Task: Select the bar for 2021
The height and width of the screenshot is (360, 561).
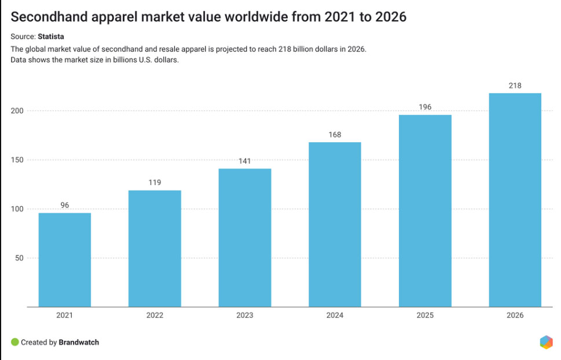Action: pyautogui.click(x=65, y=259)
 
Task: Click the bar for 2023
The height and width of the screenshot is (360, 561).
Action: pyautogui.click(x=244, y=237)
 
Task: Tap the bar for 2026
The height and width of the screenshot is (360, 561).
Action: pyautogui.click(x=515, y=200)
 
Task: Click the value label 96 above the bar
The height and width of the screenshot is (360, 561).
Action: pyautogui.click(x=65, y=205)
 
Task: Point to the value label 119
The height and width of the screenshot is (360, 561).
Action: pyautogui.click(x=155, y=182)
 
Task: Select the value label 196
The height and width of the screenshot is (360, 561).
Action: pyautogui.click(x=425, y=107)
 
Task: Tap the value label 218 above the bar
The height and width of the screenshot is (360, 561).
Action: pyautogui.click(x=515, y=86)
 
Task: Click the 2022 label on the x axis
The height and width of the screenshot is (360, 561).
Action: pyautogui.click(x=155, y=315)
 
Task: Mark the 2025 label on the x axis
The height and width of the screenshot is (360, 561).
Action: pyautogui.click(x=425, y=315)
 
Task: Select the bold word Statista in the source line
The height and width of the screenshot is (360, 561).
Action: pyautogui.click(x=51, y=36)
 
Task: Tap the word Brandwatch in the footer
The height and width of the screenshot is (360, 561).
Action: pyautogui.click(x=79, y=342)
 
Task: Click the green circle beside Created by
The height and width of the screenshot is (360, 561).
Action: pyautogui.click(x=14, y=342)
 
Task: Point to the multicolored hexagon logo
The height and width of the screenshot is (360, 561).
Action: pyautogui.click(x=546, y=342)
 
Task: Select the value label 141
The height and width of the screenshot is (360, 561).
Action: pyautogui.click(x=244, y=161)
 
